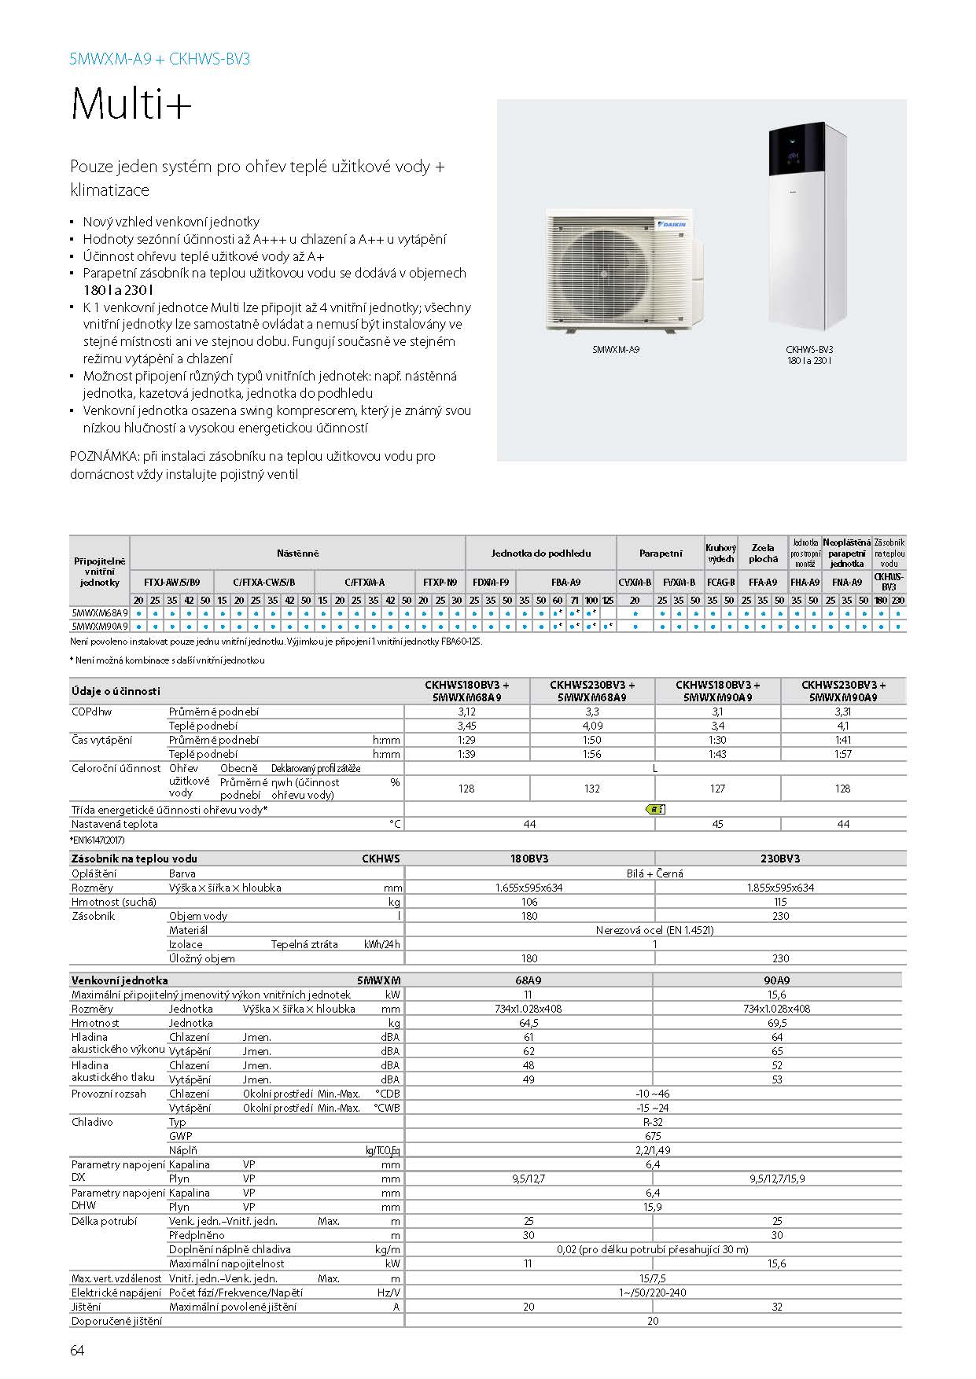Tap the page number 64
[x=77, y=1351]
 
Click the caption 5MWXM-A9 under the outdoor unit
[x=615, y=349]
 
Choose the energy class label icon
[x=654, y=809]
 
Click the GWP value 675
[x=653, y=1136]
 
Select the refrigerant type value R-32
[x=653, y=1122]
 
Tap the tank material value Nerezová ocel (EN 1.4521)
[x=654, y=930]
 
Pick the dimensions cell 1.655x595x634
[x=529, y=888]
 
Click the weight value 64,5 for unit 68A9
[x=529, y=1023]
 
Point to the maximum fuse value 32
[x=777, y=1307]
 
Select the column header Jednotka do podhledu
[x=541, y=553]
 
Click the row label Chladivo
[x=93, y=1122]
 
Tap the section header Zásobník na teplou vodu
[x=134, y=859]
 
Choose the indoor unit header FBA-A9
[x=565, y=583]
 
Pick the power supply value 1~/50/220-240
[x=653, y=1293]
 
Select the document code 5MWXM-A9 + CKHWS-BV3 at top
[x=160, y=59]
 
